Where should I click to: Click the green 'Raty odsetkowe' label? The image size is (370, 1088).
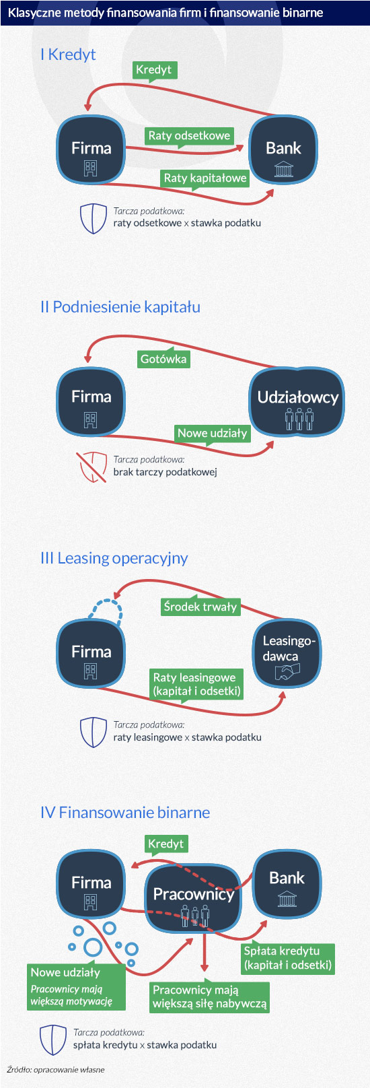(x=189, y=135)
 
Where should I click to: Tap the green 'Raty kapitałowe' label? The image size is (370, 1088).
(x=205, y=178)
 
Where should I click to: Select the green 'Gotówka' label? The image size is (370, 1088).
(x=163, y=359)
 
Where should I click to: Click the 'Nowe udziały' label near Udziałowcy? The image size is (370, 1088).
(x=212, y=434)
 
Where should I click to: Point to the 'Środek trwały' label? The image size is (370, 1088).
(x=200, y=607)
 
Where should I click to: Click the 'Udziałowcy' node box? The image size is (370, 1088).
(x=297, y=402)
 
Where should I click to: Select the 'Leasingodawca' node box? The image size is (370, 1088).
(x=287, y=653)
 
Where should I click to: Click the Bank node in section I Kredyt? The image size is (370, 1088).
(x=283, y=150)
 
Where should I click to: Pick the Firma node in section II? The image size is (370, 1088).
(x=91, y=402)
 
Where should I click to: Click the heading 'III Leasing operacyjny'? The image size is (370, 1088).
(x=114, y=558)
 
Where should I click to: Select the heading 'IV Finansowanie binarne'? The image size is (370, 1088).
(x=125, y=813)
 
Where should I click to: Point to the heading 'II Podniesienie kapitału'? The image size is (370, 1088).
(x=120, y=307)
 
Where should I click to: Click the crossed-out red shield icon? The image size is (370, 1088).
(x=91, y=467)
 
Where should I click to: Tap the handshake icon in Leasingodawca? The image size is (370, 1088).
(x=287, y=671)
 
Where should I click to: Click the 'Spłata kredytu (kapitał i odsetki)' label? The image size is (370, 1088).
(x=288, y=958)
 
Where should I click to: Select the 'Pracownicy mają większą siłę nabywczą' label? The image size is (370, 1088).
(x=209, y=997)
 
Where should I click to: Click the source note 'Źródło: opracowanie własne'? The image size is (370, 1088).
(x=56, y=1069)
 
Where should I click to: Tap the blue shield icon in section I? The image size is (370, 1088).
(x=94, y=219)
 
